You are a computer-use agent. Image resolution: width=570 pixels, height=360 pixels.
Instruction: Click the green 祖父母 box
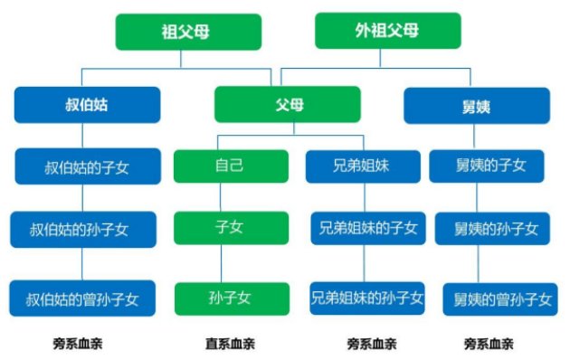(188, 32)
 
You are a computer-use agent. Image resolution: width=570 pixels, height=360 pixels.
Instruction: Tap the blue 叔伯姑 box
(87, 105)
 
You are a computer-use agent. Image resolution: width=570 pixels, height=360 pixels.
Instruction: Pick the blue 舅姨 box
(476, 105)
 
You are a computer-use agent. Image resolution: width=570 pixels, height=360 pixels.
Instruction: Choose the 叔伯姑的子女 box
(87, 166)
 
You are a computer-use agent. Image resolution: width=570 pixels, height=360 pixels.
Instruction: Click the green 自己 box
(231, 166)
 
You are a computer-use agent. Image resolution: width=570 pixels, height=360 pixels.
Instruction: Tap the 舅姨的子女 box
(489, 166)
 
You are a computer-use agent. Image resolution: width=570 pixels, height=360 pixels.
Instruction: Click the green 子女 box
(231, 229)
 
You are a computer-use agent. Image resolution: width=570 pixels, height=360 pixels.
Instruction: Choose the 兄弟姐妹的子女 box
(366, 229)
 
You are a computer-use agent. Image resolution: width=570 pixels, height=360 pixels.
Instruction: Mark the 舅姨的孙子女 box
(489, 229)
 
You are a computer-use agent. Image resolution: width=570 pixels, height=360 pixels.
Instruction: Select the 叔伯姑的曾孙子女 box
(83, 298)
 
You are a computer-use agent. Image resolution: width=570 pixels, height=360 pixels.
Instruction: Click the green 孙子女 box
(232, 298)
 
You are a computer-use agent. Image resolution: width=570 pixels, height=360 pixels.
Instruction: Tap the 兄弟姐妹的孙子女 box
(366, 298)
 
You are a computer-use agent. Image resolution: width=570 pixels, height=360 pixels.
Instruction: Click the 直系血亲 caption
(230, 344)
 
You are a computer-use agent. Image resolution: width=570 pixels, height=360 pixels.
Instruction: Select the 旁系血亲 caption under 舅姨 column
(489, 344)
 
